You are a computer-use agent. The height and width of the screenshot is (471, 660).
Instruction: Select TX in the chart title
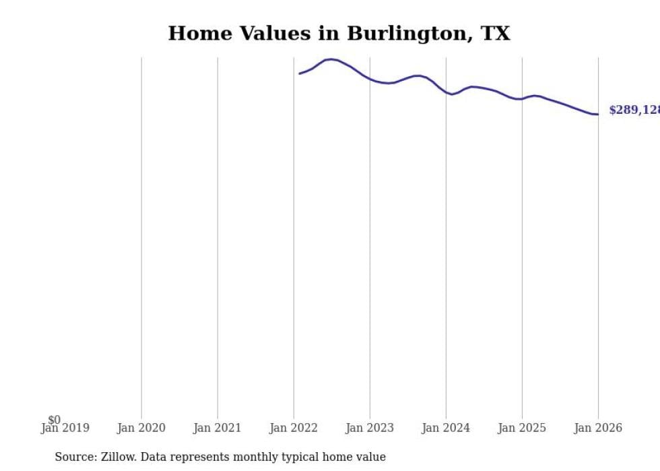click(x=495, y=33)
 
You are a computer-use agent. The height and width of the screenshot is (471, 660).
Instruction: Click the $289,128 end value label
click(x=634, y=110)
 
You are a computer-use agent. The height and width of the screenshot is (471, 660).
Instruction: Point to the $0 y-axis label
click(x=54, y=420)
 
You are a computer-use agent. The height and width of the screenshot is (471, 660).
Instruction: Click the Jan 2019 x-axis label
click(x=65, y=428)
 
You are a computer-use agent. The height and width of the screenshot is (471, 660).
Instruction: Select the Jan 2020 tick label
click(x=141, y=428)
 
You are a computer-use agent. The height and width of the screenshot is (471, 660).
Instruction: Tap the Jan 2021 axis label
click(x=218, y=428)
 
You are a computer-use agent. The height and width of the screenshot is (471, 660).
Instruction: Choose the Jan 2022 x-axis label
click(x=294, y=428)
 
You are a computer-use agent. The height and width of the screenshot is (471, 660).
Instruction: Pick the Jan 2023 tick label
click(x=370, y=428)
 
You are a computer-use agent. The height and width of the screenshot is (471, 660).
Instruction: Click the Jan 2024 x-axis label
click(x=446, y=428)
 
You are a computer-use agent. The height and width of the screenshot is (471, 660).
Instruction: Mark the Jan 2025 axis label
click(x=522, y=428)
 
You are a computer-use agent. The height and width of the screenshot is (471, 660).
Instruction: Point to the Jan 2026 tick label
click(x=598, y=428)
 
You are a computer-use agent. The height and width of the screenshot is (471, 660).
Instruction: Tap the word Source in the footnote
click(x=75, y=457)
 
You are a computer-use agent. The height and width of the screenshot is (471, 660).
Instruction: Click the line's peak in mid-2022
click(x=331, y=59)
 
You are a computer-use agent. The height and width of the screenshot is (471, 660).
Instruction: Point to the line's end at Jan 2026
click(x=597, y=114)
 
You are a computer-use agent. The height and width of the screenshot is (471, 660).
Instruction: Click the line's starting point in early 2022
click(x=300, y=73)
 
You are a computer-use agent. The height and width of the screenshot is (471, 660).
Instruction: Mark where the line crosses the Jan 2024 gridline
click(x=446, y=92)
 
